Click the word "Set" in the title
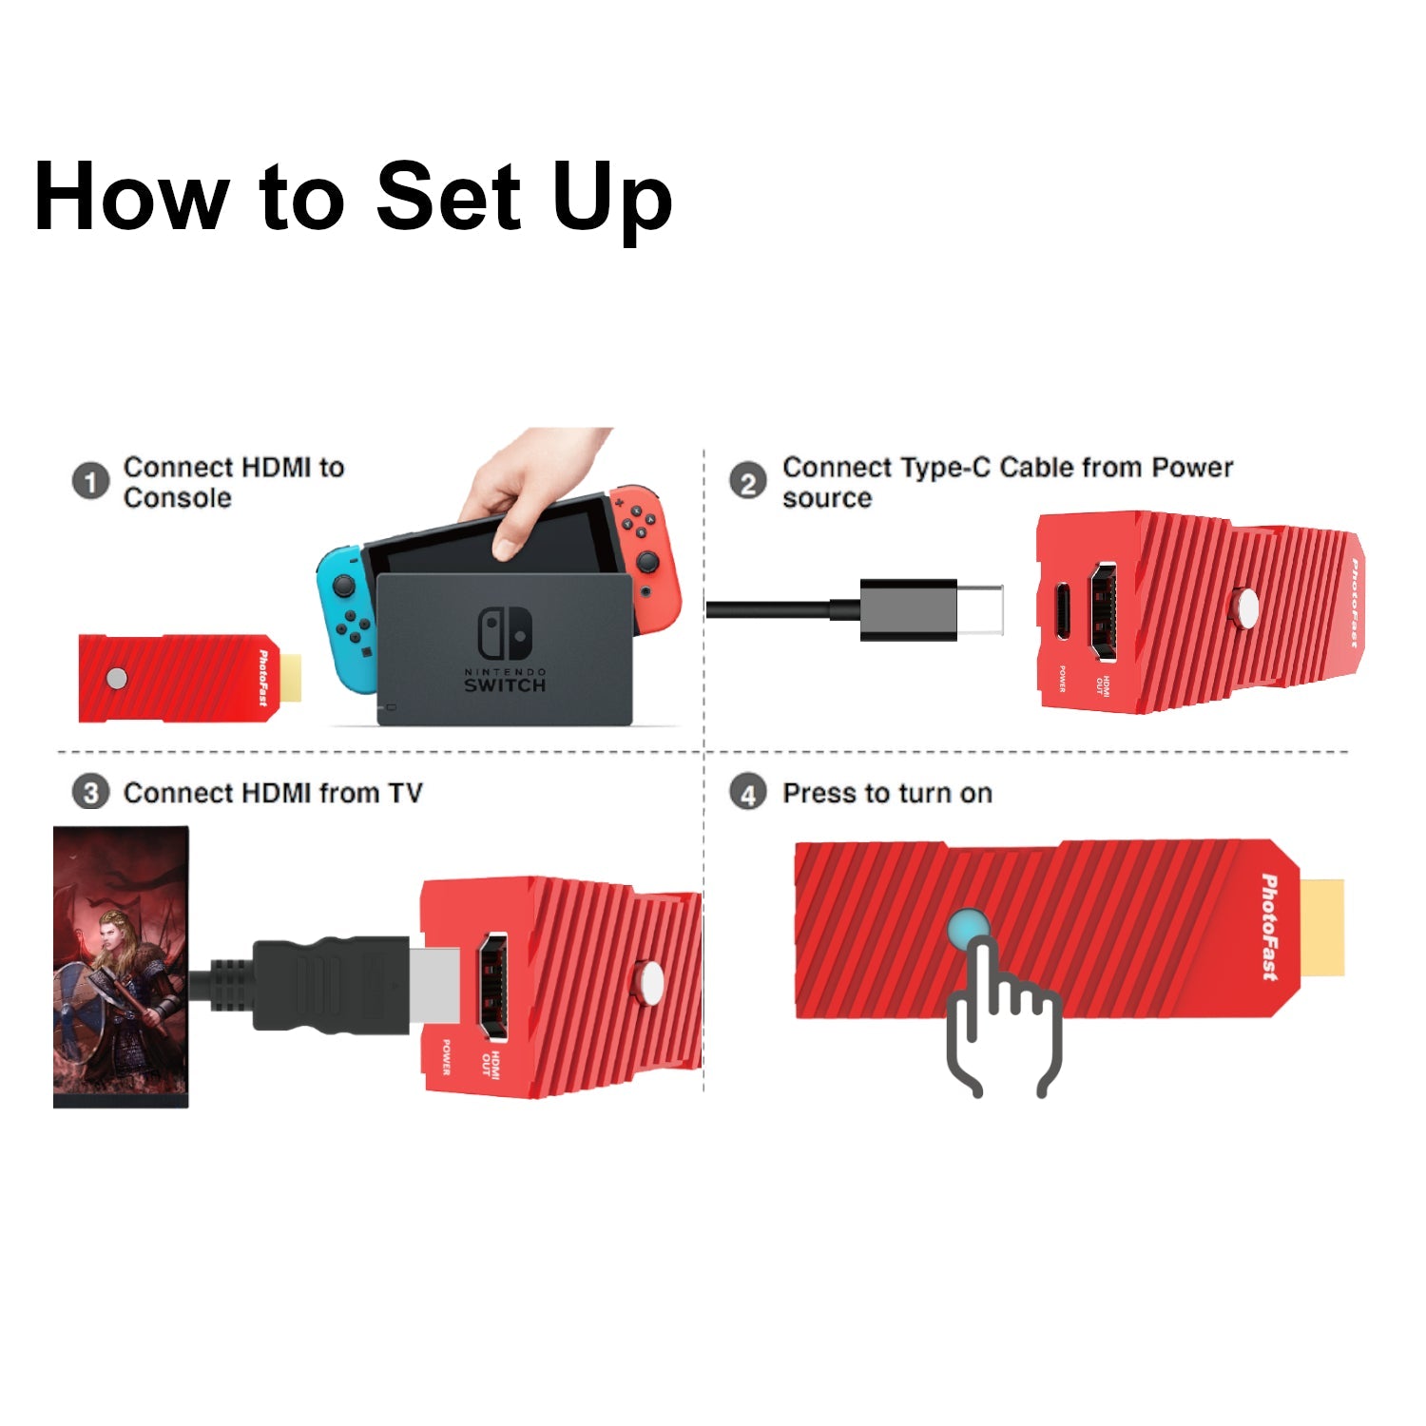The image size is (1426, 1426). pos(449,196)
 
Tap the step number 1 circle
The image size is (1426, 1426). pos(91,482)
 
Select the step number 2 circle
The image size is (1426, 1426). pos(748,482)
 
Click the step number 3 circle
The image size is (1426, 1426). pos(91,793)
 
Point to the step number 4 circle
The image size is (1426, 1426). pos(748,793)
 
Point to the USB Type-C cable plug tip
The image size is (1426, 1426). pos(980,609)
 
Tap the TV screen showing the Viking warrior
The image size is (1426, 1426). pos(121,967)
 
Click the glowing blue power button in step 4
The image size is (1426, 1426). pos(968,928)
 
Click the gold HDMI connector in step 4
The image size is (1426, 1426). pos(1322,928)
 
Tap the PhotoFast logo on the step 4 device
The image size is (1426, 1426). pos(1269,927)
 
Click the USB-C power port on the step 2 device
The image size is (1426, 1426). pos(1063,611)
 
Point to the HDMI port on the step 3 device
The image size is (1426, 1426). pos(491,986)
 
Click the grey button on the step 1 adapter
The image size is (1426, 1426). pos(117,678)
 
